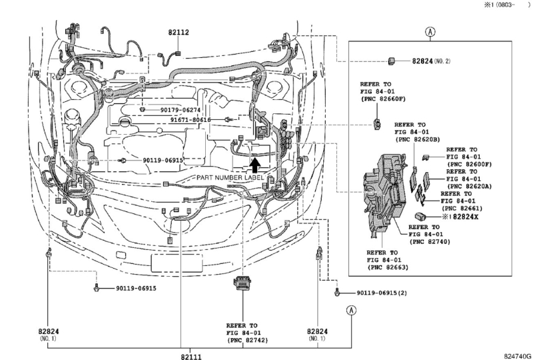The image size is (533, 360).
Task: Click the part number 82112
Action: pos(179,32)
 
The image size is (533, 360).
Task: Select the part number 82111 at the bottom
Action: pos(191,356)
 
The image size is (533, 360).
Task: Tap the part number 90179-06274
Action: pos(180,110)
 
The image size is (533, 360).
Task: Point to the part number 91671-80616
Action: pos(191,120)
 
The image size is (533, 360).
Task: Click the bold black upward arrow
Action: pos(255,165)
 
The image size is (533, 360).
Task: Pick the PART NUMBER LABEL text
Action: pos(230,177)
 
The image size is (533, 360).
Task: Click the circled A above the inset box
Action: pos(430,32)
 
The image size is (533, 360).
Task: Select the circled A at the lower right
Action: pos(352,310)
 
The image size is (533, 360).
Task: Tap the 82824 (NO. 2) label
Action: pos(431,61)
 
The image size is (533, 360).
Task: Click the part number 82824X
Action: pos(465,217)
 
